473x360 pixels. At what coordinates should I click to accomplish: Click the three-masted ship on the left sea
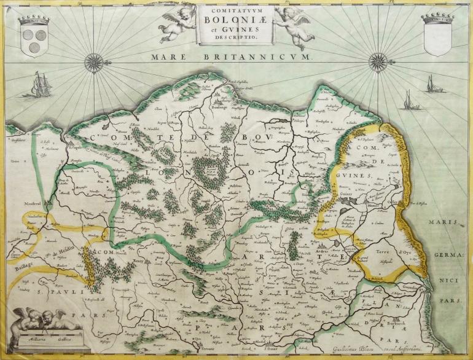point(40,84)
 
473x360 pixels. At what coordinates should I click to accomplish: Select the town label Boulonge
point(220,107)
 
